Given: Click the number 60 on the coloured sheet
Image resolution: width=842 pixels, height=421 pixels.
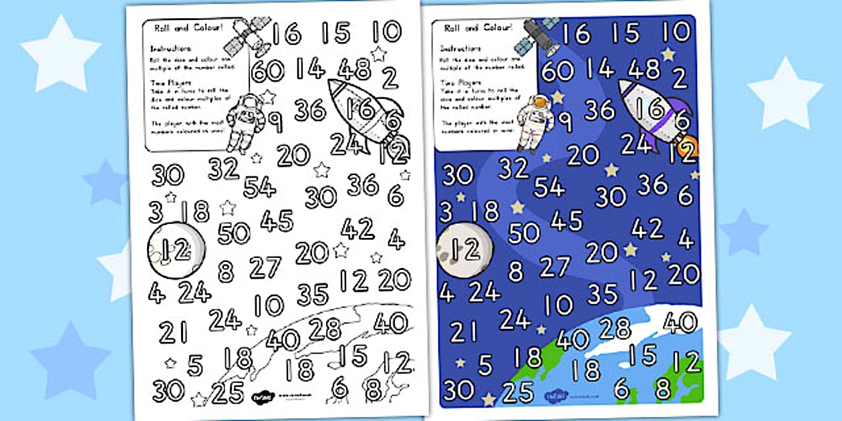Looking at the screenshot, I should [557, 70].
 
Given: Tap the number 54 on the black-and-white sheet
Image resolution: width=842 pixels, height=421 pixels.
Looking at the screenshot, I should [260, 186].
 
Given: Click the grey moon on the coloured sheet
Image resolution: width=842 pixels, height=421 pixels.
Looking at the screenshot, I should [464, 250].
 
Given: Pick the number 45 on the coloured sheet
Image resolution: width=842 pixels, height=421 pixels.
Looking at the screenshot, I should [567, 220].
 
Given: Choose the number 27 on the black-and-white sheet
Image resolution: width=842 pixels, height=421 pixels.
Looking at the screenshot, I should [265, 267].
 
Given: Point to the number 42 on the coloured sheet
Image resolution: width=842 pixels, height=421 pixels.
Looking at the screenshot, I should [647, 229].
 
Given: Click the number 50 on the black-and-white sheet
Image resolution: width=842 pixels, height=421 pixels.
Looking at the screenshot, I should [234, 233].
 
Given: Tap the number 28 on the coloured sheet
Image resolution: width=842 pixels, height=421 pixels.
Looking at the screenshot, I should [614, 327].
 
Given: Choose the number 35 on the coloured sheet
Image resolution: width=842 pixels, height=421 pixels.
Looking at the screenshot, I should [601, 293].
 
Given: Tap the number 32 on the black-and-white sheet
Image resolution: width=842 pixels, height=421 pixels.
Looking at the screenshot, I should [224, 168].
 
